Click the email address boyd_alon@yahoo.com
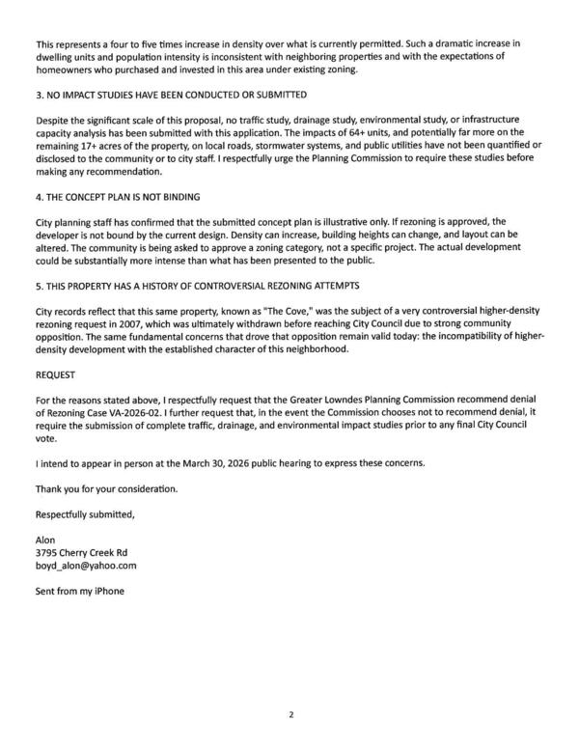pos(86,566)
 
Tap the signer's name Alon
pos(45,539)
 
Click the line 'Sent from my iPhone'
pos(79,591)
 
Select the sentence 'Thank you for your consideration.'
pos(106,488)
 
